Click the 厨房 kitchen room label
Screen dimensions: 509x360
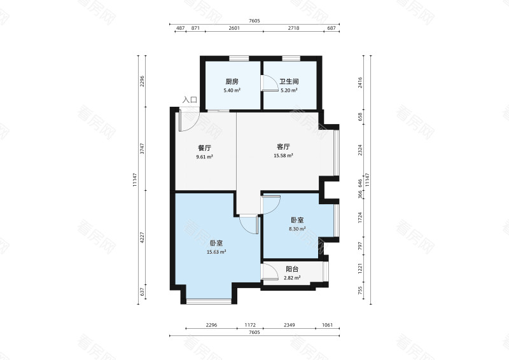(x=232, y=81)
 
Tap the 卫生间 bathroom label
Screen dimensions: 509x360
(x=289, y=81)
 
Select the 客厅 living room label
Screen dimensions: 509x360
(x=283, y=146)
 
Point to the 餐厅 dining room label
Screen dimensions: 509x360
(x=204, y=148)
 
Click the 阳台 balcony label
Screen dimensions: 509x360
(x=292, y=269)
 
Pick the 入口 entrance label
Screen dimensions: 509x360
(x=190, y=100)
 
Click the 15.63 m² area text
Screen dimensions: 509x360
(x=216, y=252)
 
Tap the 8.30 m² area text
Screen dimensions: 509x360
(x=297, y=229)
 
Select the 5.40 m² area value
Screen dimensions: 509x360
(x=232, y=90)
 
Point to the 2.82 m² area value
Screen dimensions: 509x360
(x=292, y=278)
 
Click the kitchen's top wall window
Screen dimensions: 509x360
(x=239, y=59)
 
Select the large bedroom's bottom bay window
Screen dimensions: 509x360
(x=209, y=301)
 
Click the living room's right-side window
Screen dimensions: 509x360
(x=337, y=153)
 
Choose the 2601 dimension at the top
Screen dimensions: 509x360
(x=234, y=28)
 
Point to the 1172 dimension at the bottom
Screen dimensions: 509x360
(x=250, y=325)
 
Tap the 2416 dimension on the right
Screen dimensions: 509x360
(x=359, y=83)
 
